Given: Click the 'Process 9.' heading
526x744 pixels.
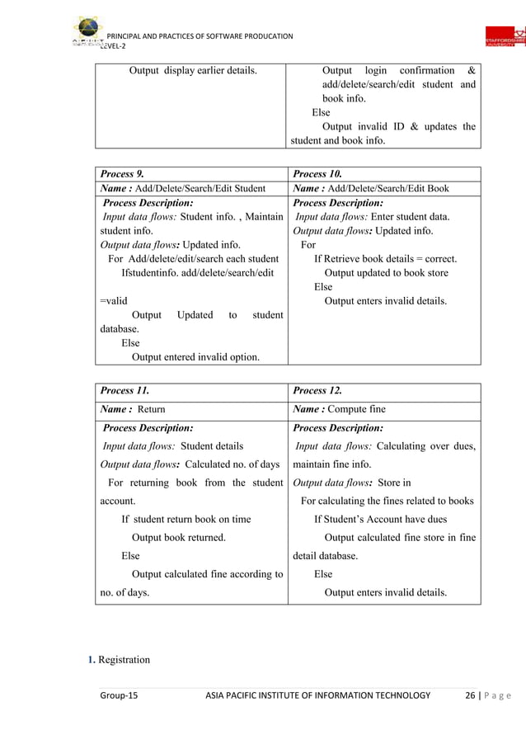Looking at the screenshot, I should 123,174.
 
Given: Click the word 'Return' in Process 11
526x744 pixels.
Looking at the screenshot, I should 151,409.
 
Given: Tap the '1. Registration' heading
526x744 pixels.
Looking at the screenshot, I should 120,660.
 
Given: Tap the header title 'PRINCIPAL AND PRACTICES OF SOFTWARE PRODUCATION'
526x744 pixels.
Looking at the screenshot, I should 200,35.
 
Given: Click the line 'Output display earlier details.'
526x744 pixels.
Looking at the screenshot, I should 192,70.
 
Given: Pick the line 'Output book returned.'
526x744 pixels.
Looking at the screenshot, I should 179,537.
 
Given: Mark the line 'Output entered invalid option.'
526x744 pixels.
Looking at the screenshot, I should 195,356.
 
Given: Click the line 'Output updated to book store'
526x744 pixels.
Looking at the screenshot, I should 387,272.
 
